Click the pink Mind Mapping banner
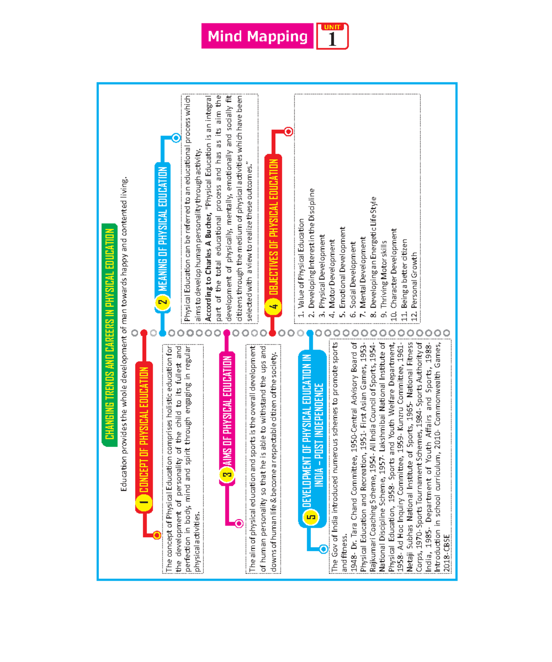257,36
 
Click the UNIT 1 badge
332,36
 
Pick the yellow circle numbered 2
162,302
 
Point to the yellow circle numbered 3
227,474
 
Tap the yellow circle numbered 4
274,306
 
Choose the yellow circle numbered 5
312,516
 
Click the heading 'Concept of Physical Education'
144,430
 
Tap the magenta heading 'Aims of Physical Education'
227,409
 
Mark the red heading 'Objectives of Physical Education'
274,228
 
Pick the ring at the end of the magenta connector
239,523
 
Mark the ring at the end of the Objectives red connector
288,132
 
